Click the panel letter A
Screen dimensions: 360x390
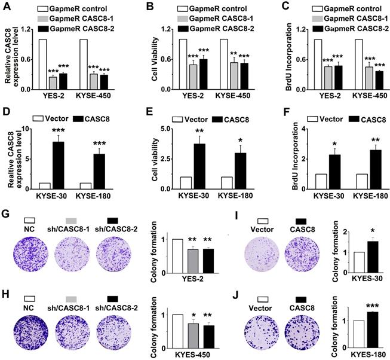[x=5, y=7]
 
